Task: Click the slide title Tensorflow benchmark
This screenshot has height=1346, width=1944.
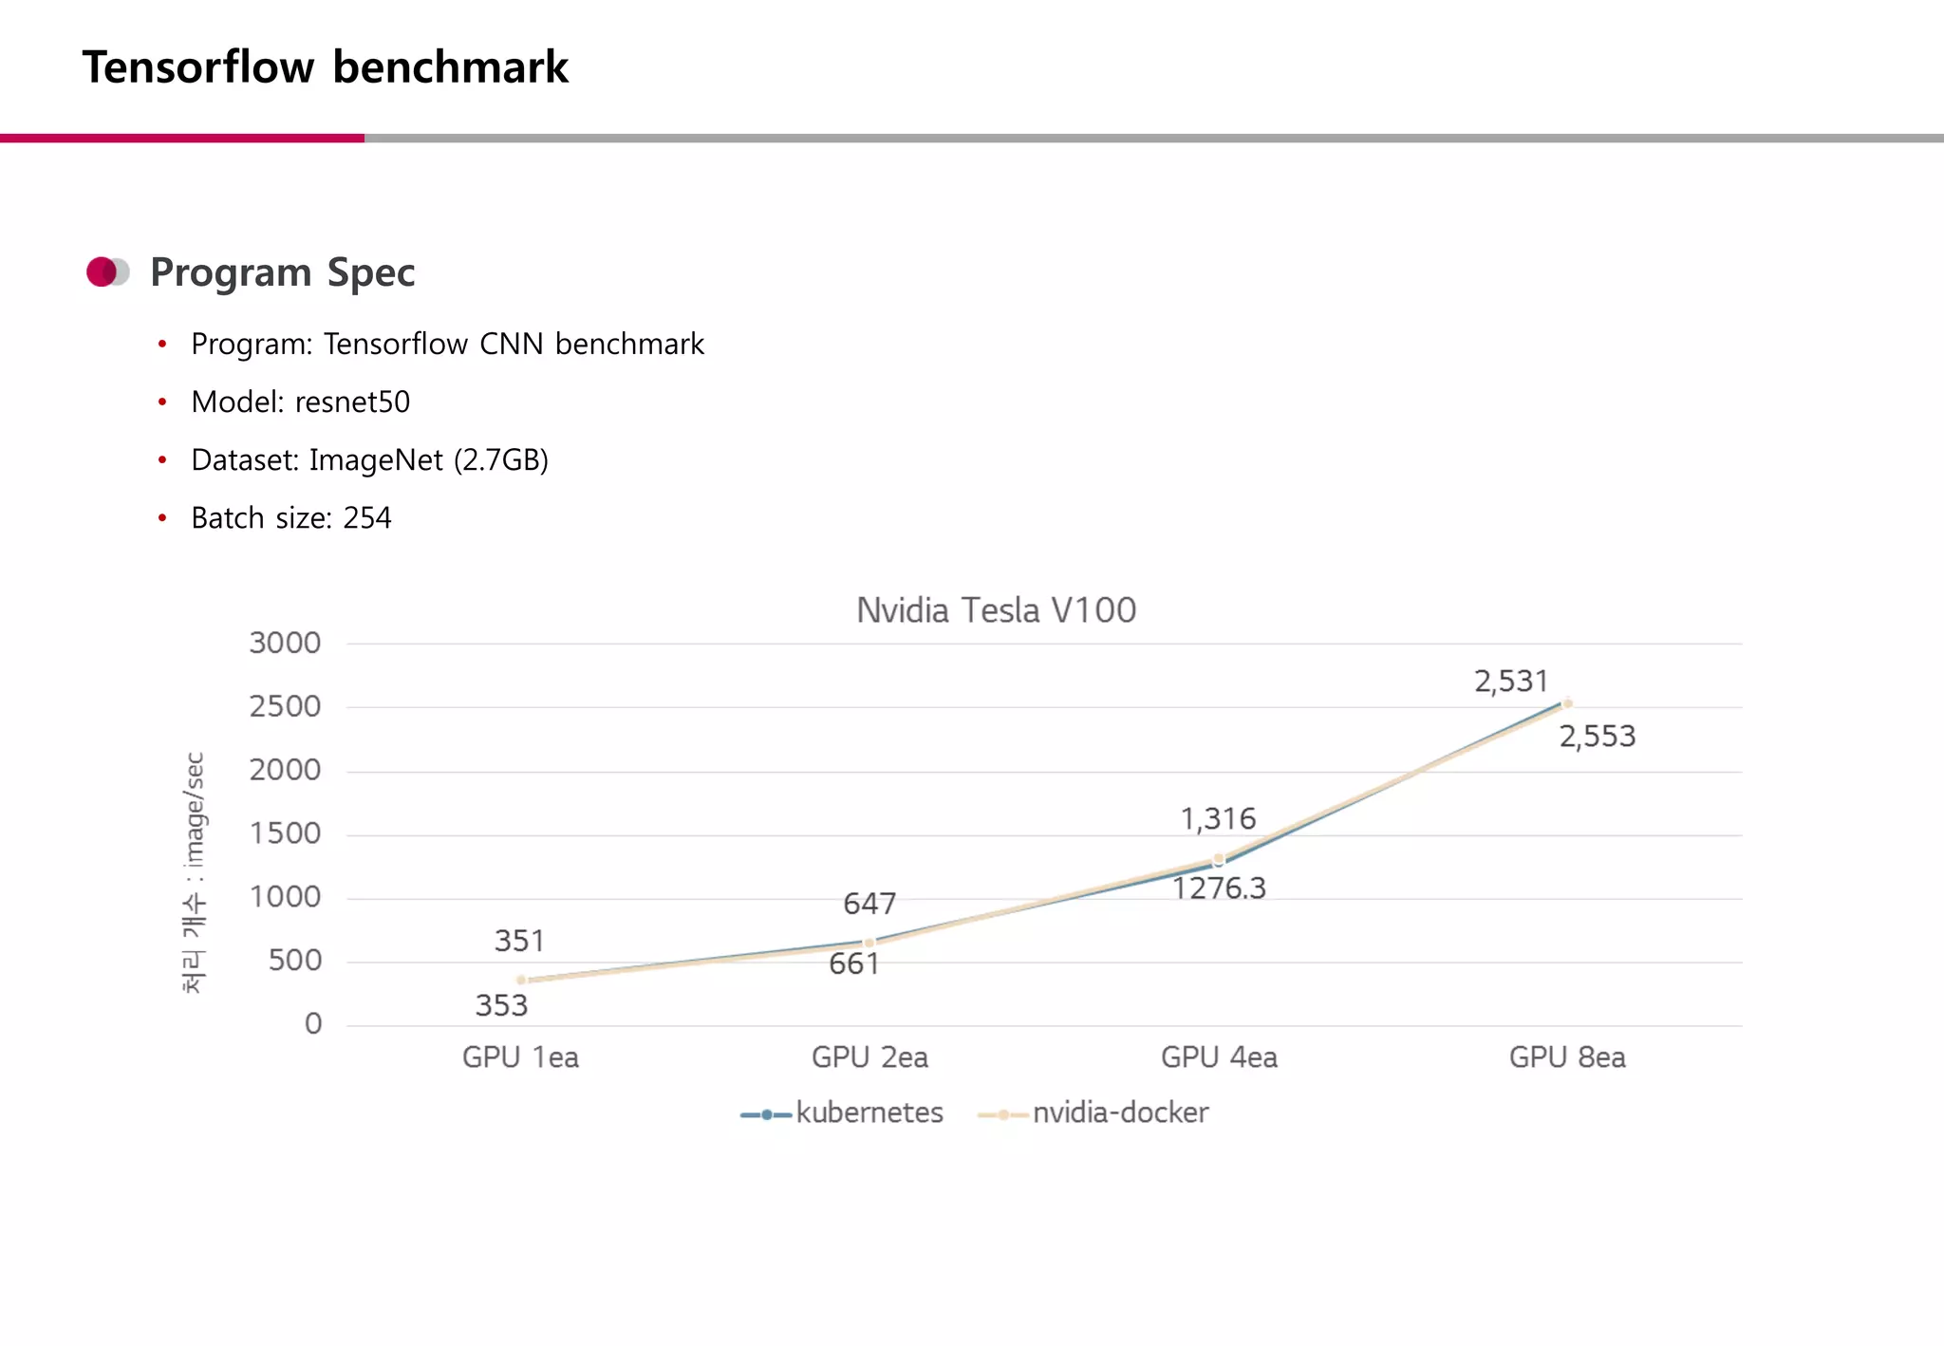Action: pos(325,67)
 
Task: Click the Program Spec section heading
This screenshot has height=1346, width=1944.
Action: pos(282,272)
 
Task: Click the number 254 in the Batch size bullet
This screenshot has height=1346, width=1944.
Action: pos(367,518)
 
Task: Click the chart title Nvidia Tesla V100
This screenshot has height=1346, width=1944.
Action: pos(996,610)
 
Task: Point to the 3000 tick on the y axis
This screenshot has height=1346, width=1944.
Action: pos(285,644)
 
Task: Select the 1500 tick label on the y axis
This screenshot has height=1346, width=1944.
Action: pos(285,834)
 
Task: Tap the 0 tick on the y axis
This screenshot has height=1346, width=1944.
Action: pos(313,1024)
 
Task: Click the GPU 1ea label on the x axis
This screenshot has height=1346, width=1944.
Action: pos(520,1057)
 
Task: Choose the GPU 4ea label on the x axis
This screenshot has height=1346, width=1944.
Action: pos(1219,1057)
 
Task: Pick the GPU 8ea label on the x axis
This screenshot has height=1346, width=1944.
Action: pos(1567,1057)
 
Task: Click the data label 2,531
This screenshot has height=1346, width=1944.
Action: pos(1510,682)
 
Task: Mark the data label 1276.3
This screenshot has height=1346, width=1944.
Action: pos(1219,888)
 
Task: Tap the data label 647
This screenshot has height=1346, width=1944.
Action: pos(869,904)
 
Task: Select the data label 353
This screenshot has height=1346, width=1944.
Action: pos(501,1005)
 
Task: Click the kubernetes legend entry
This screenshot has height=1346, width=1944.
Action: pos(868,1112)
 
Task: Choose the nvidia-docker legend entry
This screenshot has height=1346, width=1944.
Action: pos(1119,1112)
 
